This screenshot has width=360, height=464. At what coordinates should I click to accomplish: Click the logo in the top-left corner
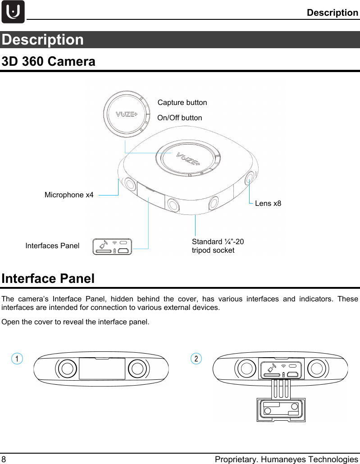point(13,12)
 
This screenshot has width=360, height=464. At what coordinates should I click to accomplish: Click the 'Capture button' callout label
point(182,102)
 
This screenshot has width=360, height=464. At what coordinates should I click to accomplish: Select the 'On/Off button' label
point(179,118)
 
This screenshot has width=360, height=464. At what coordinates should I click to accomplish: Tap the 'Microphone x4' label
point(69,195)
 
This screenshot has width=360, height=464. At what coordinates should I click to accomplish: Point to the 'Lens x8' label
point(268,203)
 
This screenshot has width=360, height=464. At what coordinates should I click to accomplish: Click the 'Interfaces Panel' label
point(52,246)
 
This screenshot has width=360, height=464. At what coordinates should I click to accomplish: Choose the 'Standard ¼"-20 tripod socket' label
point(218,246)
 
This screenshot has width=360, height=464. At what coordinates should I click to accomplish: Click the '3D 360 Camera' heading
point(49,61)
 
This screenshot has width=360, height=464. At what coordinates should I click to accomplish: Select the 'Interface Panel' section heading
point(48,278)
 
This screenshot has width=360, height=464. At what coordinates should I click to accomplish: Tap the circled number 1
point(17,359)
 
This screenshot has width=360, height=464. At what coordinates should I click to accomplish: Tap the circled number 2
point(196,359)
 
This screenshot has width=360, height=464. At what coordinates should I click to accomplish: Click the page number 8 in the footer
point(4,459)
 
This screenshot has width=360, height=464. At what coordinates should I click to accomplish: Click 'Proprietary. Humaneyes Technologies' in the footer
point(287,459)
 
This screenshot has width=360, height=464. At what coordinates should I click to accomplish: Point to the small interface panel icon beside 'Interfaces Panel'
point(112,247)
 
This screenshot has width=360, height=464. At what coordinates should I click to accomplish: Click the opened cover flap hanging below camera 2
point(281,409)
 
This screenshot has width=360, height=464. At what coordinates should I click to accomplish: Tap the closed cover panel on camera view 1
point(102,368)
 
